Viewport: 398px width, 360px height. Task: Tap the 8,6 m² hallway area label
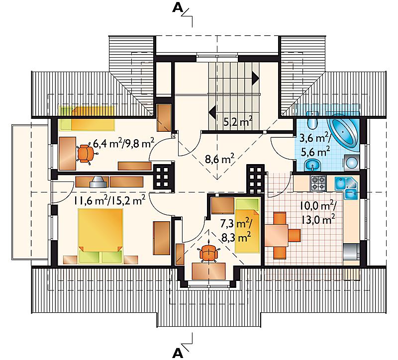point(219,160)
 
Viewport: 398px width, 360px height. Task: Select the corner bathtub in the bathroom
point(344,133)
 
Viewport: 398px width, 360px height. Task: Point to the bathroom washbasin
point(312,166)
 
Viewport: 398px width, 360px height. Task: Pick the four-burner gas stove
point(318,183)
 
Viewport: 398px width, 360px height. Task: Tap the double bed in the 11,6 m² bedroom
point(100,236)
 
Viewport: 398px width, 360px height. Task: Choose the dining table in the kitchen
point(277,235)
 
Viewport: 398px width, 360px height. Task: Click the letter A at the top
point(178,8)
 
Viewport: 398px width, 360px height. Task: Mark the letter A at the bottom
point(178,353)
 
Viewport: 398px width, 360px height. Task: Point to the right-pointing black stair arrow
point(255,78)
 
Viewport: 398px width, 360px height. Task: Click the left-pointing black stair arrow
point(212,111)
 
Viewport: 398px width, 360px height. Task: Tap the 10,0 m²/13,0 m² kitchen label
point(318,213)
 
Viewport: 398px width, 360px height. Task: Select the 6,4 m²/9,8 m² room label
point(124,144)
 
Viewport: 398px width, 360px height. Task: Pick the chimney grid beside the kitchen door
point(256,179)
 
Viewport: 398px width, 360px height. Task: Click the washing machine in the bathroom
point(352,163)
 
